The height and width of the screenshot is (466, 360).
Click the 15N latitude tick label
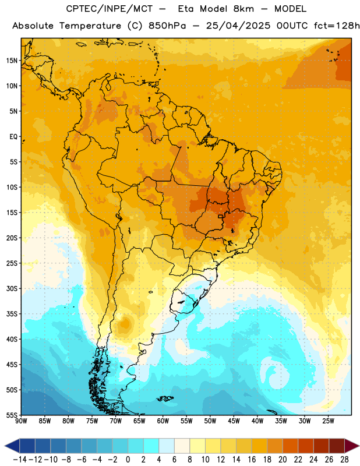[12, 61]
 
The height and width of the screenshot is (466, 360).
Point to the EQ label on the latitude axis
[13, 137]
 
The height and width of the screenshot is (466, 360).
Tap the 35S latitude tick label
[12, 314]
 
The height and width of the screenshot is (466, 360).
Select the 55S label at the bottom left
[12, 415]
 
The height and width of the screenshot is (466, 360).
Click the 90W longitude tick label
[21, 421]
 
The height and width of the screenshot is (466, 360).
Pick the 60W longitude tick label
[163, 421]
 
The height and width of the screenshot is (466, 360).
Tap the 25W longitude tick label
[328, 421]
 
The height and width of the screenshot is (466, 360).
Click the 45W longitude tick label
[234, 421]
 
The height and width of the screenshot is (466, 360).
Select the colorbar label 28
[344, 460]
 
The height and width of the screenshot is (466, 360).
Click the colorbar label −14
[20, 460]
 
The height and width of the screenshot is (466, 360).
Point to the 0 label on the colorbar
[128, 460]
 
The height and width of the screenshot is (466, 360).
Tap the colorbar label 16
[252, 460]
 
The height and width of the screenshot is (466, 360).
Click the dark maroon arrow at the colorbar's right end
[352, 446]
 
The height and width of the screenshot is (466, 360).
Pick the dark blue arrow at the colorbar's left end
[12, 446]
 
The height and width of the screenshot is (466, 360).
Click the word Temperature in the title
[90, 26]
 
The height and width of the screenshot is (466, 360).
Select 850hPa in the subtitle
[167, 26]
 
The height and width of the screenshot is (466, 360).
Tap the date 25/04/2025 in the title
[238, 26]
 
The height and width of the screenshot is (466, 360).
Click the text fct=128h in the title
[337, 26]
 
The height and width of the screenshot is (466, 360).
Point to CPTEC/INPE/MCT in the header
[110, 9]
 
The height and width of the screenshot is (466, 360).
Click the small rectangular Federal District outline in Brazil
[221, 217]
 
